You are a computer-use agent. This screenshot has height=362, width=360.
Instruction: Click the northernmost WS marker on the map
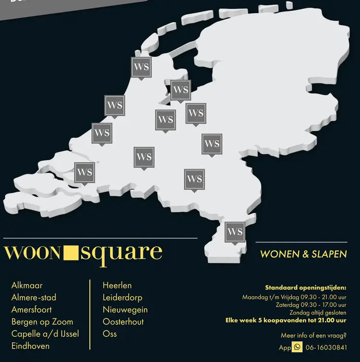pyautogui.click(x=141, y=67)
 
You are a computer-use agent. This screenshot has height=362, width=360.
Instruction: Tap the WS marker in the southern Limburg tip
pyautogui.click(x=235, y=231)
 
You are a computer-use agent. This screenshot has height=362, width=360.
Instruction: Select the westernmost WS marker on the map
pyautogui.click(x=84, y=172)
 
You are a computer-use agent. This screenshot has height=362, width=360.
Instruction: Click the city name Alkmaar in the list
pyautogui.click(x=27, y=285)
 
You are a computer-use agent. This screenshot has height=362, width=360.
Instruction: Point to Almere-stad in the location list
pyautogui.click(x=34, y=297)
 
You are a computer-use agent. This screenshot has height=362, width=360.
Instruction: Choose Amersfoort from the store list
pyautogui.click(x=31, y=309)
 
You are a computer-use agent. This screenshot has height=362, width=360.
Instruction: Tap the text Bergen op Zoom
pyautogui.click(x=42, y=321)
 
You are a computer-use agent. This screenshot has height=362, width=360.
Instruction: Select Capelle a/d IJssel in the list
pyautogui.click(x=45, y=334)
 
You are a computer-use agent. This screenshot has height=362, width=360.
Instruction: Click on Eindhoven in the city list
pyautogui.click(x=30, y=346)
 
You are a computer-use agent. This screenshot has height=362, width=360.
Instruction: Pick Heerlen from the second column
pyautogui.click(x=117, y=285)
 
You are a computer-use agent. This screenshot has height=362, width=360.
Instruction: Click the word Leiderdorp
pyautogui.click(x=123, y=297)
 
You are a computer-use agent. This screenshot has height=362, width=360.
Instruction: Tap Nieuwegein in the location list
pyautogui.click(x=125, y=309)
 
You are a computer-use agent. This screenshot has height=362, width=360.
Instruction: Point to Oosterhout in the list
pyautogui.click(x=123, y=321)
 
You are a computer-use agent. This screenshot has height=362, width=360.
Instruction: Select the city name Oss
pyautogui.click(x=110, y=334)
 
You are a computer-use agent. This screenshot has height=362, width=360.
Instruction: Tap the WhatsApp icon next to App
pyautogui.click(x=297, y=347)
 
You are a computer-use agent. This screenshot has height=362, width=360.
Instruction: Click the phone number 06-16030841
pyautogui.click(x=326, y=348)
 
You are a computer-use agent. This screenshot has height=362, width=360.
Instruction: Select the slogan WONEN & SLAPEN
pyautogui.click(x=303, y=254)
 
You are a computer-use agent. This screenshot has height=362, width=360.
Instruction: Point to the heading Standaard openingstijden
pyautogui.click(x=305, y=288)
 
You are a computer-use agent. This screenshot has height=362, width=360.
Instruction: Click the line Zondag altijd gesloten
pyautogui.click(x=318, y=312)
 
